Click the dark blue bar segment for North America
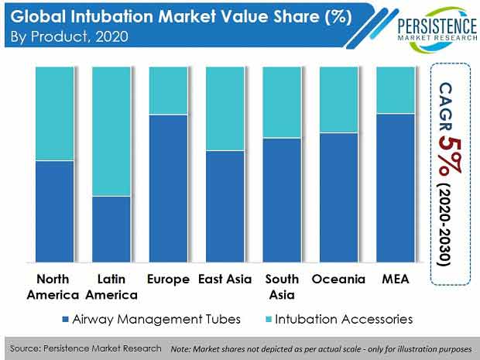[x=54, y=211]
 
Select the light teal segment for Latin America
[x=111, y=132]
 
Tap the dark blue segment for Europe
[x=168, y=188]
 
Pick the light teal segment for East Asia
[x=225, y=108]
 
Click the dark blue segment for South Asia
[x=282, y=201]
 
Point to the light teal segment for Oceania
[x=339, y=100]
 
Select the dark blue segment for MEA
[x=396, y=188]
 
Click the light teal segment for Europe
[x=168, y=91]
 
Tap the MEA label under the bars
[x=396, y=279]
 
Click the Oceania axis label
[x=338, y=279]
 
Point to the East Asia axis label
[x=225, y=279]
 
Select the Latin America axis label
[x=111, y=287]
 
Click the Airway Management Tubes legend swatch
[x=65, y=319]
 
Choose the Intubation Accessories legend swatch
[x=268, y=319]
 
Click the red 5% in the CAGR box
[x=449, y=156]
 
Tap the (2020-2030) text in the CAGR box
[x=445, y=225]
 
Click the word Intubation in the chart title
[x=111, y=16]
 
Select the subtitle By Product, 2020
[x=69, y=37]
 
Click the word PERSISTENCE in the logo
[x=437, y=26]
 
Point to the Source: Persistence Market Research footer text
[x=85, y=348]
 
